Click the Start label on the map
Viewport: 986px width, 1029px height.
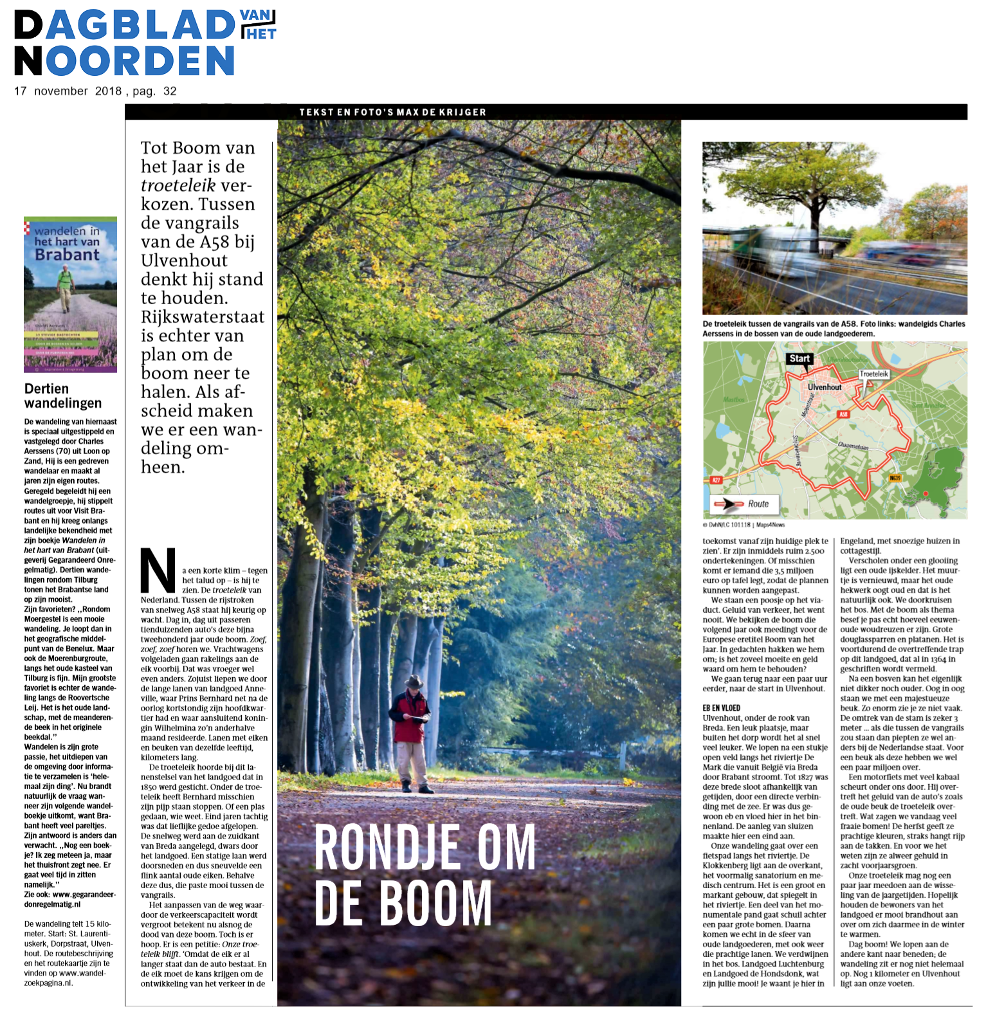click(x=799, y=359)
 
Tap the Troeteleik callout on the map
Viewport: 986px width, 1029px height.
click(x=873, y=374)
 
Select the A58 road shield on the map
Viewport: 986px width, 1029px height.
click(x=843, y=414)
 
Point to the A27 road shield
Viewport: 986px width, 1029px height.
click(x=716, y=480)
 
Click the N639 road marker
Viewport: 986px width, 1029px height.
click(x=895, y=478)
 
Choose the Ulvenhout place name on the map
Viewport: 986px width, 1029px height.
click(x=825, y=387)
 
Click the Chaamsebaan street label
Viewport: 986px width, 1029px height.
click(x=853, y=445)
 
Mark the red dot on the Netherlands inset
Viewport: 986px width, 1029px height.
click(x=926, y=493)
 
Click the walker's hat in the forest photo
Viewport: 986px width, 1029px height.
click(x=414, y=681)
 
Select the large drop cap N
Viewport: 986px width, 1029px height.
click(x=158, y=570)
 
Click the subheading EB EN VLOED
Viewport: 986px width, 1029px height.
click(x=721, y=708)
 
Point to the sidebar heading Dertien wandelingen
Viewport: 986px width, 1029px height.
click(x=63, y=396)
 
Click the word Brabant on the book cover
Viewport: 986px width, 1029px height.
click(x=67, y=255)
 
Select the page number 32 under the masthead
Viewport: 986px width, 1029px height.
click(x=170, y=91)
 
